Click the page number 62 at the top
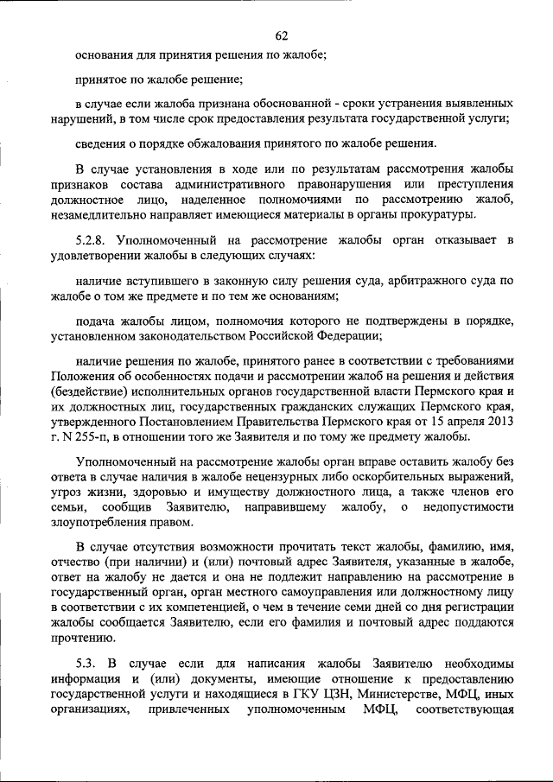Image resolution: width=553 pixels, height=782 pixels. pyautogui.click(x=281, y=35)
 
